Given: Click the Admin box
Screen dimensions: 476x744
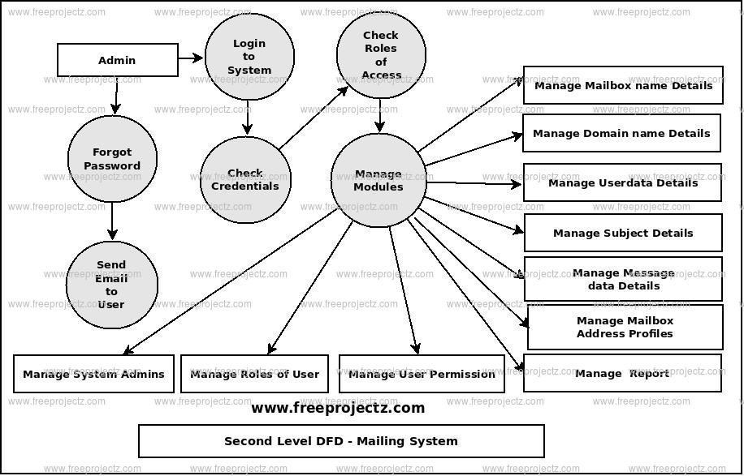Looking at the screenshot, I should [x=117, y=60].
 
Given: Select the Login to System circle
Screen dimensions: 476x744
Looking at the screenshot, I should [x=249, y=57].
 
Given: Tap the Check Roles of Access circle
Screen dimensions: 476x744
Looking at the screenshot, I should [x=381, y=55].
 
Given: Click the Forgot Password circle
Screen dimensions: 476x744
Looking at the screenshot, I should [x=112, y=159].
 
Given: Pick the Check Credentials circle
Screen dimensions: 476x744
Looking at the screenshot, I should [x=245, y=179].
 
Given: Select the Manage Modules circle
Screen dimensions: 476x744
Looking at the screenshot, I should [x=378, y=180].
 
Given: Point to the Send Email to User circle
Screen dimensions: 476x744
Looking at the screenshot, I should [x=111, y=285].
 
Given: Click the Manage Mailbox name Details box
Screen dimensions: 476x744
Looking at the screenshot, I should [x=623, y=85].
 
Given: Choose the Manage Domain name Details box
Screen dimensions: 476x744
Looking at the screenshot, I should [x=621, y=133].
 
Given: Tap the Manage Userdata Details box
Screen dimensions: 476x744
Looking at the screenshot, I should [x=622, y=183].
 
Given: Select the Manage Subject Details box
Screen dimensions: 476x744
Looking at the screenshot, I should [x=623, y=233].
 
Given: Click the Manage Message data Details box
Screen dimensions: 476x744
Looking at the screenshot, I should [x=623, y=279].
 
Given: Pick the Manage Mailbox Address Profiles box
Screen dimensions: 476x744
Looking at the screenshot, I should [x=625, y=327].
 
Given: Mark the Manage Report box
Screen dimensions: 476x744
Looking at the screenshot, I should [x=622, y=373].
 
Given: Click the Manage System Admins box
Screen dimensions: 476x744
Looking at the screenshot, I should [x=93, y=374].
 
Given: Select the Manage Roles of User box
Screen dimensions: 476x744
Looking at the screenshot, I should [x=254, y=374].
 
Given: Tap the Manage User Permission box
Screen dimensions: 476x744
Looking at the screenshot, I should [x=422, y=374].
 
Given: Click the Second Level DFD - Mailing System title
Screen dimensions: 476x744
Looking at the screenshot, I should [x=341, y=441].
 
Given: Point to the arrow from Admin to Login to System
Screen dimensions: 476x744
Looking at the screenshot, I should [x=191, y=58].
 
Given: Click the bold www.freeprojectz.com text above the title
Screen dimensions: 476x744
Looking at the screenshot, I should [x=338, y=408].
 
